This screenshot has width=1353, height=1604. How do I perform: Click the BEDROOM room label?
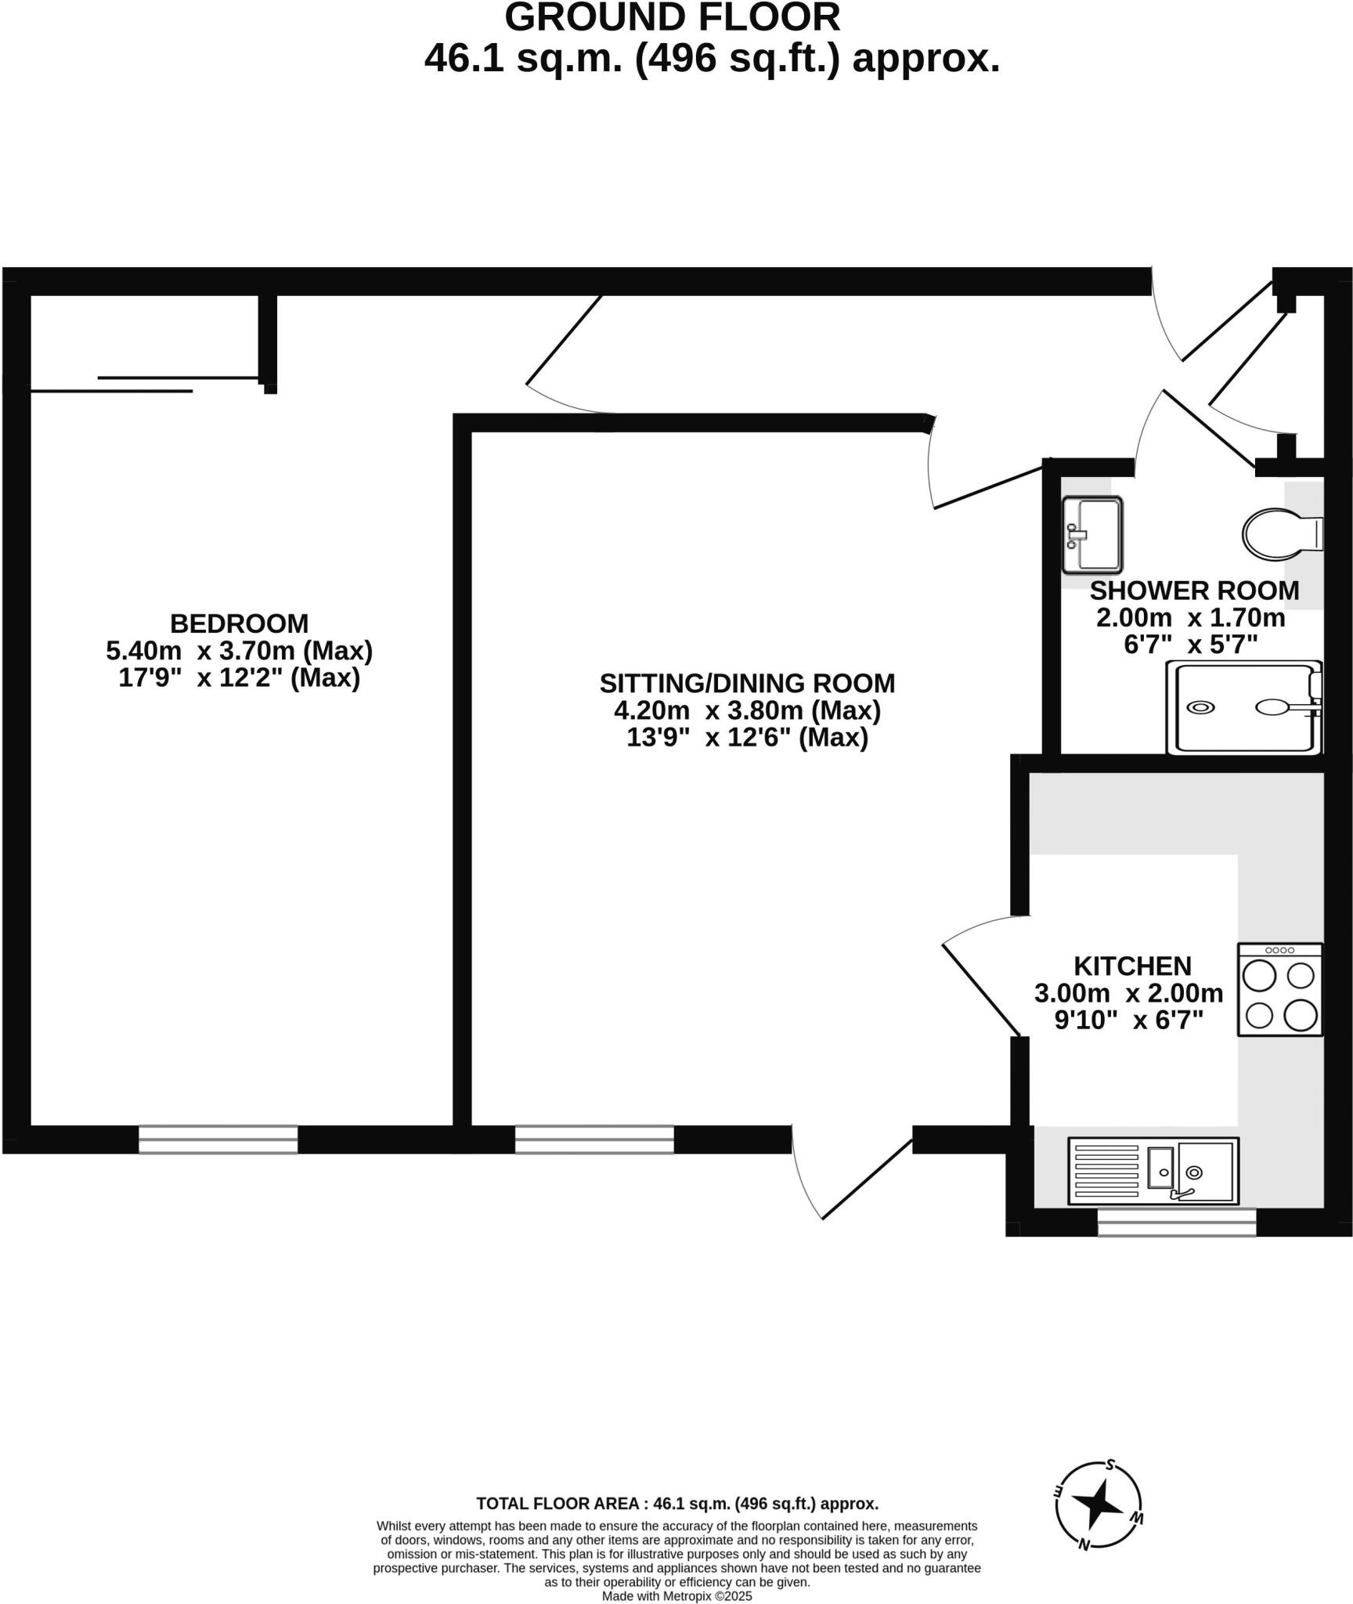pyautogui.click(x=239, y=623)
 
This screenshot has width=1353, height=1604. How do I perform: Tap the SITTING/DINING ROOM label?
pyautogui.click(x=747, y=684)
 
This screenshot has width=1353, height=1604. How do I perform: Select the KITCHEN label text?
pyautogui.click(x=1132, y=966)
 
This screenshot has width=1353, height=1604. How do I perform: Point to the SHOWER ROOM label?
pyautogui.click(x=1194, y=591)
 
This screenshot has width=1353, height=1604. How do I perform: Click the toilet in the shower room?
pyautogui.click(x=1280, y=534)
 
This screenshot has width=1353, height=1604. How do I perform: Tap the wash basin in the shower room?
pyautogui.click(x=1093, y=534)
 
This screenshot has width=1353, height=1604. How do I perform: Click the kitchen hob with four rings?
pyautogui.click(x=1279, y=990)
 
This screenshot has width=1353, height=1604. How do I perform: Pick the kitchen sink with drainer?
pyautogui.click(x=1153, y=1171)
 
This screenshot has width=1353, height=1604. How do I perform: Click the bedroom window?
pyautogui.click(x=218, y=1140)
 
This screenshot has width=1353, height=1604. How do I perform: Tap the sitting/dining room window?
pyautogui.click(x=594, y=1140)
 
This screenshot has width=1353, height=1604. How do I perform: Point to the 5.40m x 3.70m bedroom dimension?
pyautogui.click(x=239, y=651)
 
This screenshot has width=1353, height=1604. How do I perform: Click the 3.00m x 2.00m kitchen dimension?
pyautogui.click(x=1128, y=993)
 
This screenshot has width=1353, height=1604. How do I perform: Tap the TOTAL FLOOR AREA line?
pyautogui.click(x=677, y=1504)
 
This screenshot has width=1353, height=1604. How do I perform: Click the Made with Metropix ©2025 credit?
pyautogui.click(x=676, y=1596)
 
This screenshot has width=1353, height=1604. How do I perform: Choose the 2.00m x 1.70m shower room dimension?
pyautogui.click(x=1190, y=618)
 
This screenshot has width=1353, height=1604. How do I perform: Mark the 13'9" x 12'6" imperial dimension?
pyautogui.click(x=747, y=738)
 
